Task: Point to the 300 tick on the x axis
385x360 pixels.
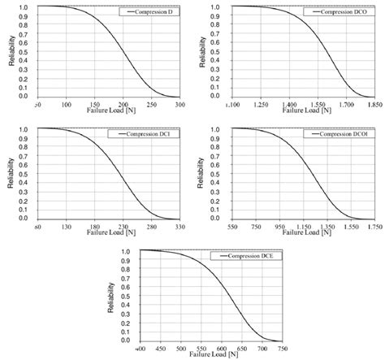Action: (x=177, y=105)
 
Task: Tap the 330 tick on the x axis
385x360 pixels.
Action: (x=177, y=227)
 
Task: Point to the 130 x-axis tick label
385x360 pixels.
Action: (x=75, y=227)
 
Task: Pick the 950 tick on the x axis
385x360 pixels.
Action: (x=280, y=227)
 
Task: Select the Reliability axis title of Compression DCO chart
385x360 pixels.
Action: (x=205, y=51)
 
